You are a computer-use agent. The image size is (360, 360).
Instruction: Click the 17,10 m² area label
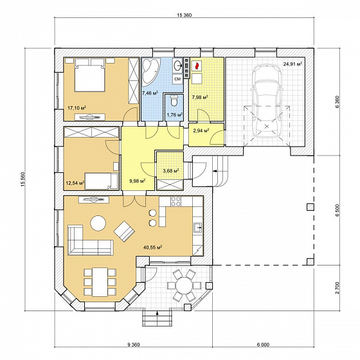click(77, 107)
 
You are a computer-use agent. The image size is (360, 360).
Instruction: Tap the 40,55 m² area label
click(153, 248)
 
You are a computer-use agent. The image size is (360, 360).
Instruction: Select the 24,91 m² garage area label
click(292, 64)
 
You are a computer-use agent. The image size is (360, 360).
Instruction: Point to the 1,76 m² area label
click(175, 115)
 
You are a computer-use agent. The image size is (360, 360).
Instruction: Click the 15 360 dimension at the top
click(184, 15)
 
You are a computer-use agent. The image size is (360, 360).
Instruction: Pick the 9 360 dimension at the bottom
click(134, 345)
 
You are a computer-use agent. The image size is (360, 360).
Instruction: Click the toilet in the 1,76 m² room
click(174, 100)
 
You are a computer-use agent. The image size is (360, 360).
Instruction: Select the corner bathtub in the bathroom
click(151, 71)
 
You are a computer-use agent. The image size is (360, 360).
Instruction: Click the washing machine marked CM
click(177, 79)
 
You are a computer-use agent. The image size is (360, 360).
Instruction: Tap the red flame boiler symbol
click(196, 66)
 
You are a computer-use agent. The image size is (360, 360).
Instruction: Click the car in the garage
click(267, 101)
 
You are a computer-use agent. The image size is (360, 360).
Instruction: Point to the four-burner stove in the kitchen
click(176, 201)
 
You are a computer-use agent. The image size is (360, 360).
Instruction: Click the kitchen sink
click(198, 228)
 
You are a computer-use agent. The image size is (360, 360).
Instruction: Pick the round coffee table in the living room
click(98, 223)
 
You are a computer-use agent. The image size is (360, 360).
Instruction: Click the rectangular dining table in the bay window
click(100, 282)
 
